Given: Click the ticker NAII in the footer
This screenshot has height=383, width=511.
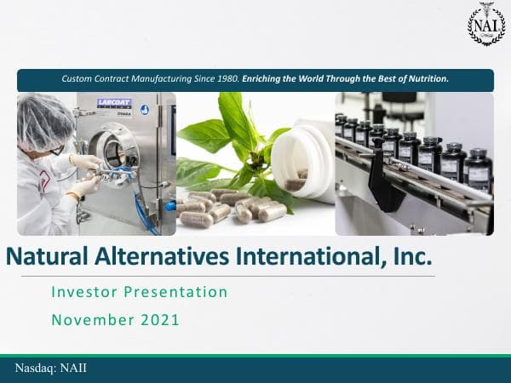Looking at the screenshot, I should click(72, 368).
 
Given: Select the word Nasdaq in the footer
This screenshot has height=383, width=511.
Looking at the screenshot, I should click(36, 368).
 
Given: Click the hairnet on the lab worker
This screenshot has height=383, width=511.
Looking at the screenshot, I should click(43, 119).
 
